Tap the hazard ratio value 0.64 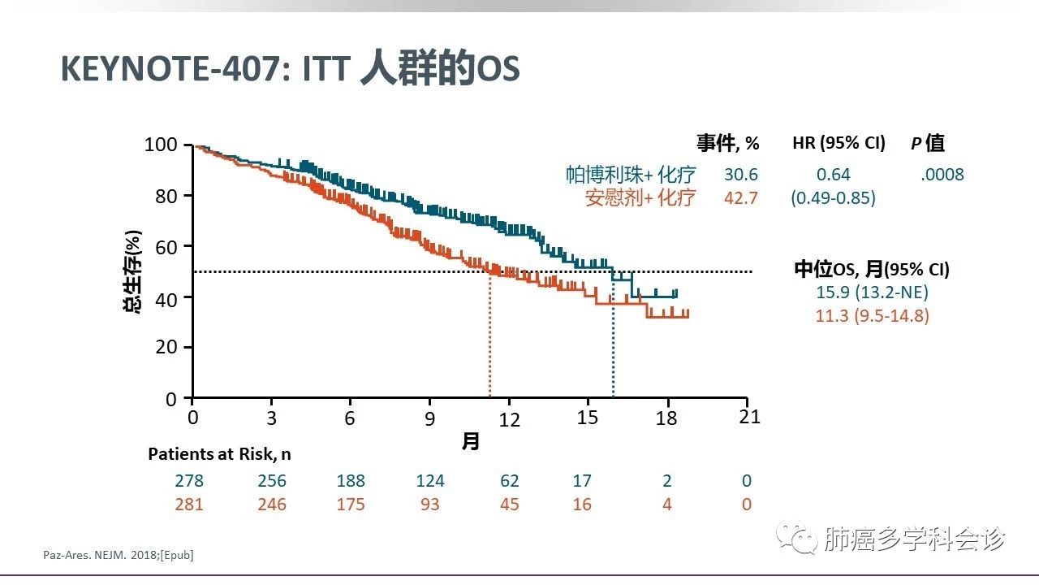(x=834, y=175)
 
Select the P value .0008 (x=942, y=175)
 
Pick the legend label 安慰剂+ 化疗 (x=640, y=197)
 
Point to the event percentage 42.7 (x=740, y=197)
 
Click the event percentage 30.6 (x=740, y=175)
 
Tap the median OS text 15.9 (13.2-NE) (x=872, y=292)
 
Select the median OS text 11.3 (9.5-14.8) (x=872, y=315)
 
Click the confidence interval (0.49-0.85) (x=834, y=197)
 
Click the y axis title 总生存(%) (x=133, y=272)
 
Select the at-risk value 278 (x=192, y=481)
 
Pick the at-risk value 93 (x=430, y=505)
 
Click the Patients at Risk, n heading (x=219, y=454)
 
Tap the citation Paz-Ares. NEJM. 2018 (x=118, y=555)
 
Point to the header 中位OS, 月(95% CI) (x=872, y=270)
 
